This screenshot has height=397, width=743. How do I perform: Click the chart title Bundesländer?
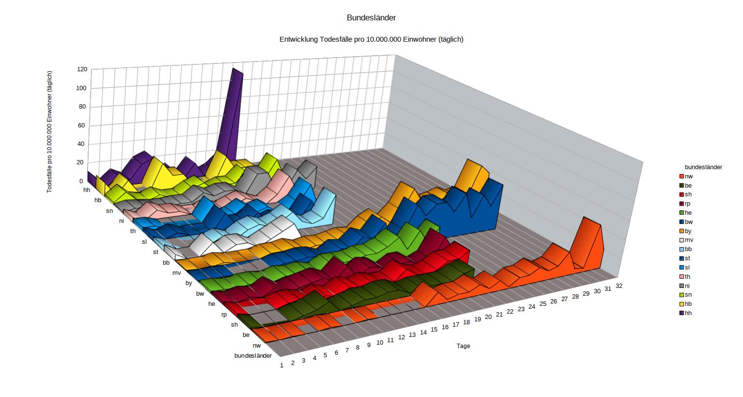[x=371, y=18]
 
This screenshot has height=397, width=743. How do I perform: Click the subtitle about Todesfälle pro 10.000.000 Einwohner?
[x=371, y=39]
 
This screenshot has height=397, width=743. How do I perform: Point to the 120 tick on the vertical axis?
[x=82, y=69]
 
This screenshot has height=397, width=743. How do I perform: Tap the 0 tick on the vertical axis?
[x=81, y=181]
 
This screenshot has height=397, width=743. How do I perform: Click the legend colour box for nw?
[x=681, y=176]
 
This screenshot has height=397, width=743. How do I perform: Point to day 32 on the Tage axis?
[x=619, y=286]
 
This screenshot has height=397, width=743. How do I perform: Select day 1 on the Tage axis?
[x=281, y=365]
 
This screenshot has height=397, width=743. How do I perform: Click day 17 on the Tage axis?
[x=456, y=325]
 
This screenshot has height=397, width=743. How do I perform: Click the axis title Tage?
[x=463, y=346]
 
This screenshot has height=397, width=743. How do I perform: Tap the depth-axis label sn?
[x=109, y=211]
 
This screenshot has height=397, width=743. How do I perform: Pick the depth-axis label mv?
[x=176, y=273]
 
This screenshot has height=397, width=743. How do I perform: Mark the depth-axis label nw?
[x=257, y=346]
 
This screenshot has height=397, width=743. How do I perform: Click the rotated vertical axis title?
[x=49, y=132]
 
